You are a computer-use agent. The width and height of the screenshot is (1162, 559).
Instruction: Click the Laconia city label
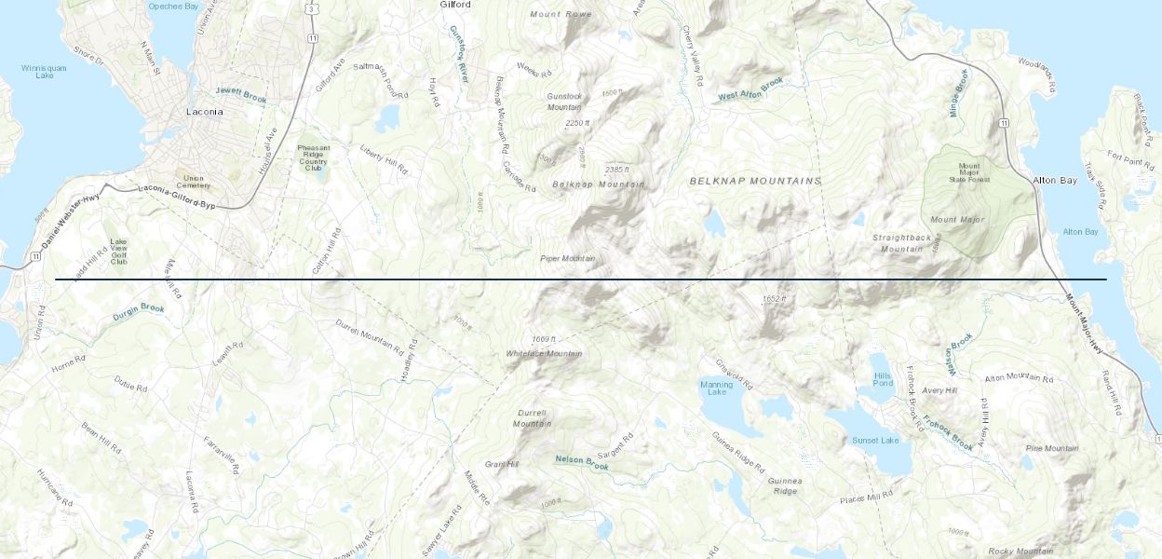204,112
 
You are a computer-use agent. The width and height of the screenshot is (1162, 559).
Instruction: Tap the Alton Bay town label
1054,180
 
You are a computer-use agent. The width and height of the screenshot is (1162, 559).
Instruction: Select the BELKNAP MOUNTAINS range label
755,181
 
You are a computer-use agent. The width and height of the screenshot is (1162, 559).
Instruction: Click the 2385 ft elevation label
618,170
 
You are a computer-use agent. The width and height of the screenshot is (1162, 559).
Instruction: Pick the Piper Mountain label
567,258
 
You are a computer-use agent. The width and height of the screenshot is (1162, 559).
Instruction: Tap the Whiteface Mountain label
544,354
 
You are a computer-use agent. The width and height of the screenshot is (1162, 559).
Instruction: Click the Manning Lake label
716,388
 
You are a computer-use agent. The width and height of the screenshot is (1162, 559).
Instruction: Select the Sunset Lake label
875,440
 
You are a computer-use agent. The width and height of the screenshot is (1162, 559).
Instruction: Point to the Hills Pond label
883,379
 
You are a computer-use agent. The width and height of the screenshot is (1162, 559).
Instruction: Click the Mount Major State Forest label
969,174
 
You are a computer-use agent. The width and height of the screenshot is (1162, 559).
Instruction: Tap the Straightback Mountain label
901,243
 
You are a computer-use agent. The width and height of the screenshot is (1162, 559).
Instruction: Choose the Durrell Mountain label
532,418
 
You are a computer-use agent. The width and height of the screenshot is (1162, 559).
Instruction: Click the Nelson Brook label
581,460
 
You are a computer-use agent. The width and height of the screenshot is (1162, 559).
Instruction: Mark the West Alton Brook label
751,89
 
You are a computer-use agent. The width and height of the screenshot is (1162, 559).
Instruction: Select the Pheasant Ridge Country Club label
313,157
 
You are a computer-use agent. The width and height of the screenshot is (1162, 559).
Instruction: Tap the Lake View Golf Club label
118,252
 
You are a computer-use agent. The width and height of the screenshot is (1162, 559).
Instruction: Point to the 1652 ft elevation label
774,298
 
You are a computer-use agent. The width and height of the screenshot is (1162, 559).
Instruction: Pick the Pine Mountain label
1051,448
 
